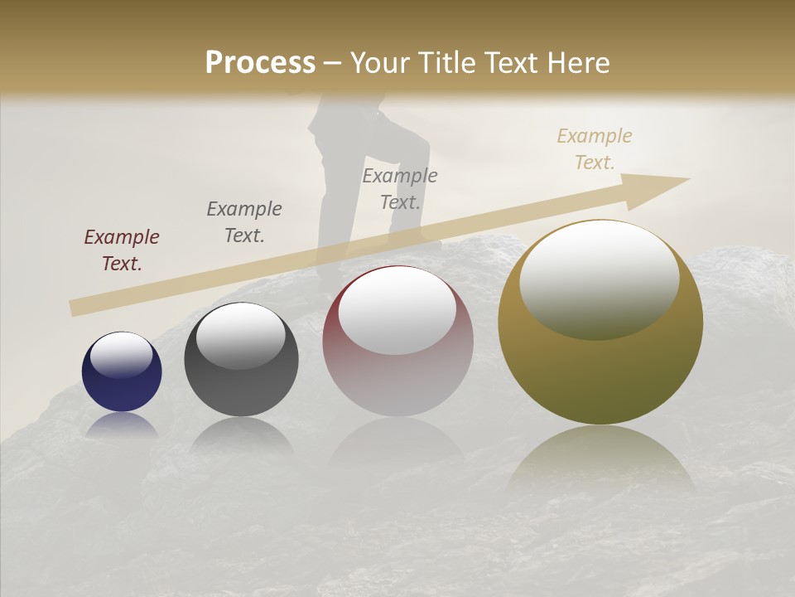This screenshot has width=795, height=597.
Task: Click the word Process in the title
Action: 260,63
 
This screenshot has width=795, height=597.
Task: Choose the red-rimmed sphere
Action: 397,373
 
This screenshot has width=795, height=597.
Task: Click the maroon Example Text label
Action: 122,250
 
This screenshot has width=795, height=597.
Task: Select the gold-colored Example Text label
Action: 595,149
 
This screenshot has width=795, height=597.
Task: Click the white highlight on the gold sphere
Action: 600,278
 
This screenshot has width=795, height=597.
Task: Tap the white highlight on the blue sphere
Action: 121,355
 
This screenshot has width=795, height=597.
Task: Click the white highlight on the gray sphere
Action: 240,336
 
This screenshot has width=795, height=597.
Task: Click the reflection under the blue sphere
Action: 122,425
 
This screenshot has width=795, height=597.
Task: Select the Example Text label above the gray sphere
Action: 244,222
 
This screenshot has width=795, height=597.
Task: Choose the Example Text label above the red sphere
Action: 400,188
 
